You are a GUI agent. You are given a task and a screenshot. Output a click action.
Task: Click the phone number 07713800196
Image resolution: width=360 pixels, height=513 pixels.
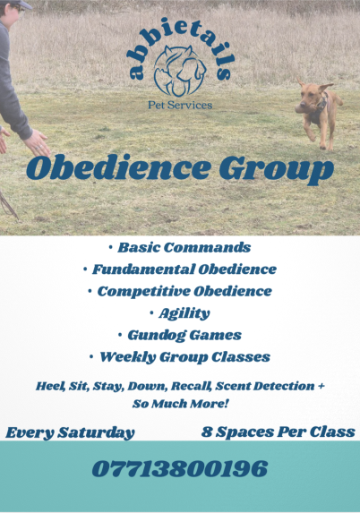180,468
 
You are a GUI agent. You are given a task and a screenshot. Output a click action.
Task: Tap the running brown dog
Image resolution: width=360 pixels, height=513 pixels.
319,113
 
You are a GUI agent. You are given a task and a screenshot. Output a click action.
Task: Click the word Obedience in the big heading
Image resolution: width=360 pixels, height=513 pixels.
118,167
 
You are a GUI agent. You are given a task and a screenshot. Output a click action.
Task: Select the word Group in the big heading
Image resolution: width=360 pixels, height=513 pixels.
276,169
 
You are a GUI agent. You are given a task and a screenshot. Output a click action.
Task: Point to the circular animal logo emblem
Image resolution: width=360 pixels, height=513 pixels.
180,71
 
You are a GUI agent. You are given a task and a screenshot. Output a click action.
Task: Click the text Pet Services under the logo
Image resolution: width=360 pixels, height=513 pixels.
180,105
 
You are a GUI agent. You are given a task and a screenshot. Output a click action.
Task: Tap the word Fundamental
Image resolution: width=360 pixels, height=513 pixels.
143,269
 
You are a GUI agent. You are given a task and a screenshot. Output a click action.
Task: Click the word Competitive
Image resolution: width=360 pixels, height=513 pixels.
143,292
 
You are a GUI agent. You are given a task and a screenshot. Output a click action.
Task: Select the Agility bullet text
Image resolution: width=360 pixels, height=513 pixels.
184,313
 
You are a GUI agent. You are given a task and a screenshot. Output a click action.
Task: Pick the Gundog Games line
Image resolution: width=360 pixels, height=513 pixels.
184,336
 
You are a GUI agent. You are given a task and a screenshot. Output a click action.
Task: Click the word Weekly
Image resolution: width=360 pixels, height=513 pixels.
128,357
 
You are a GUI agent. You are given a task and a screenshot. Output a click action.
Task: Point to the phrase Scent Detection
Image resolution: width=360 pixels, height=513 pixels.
265,386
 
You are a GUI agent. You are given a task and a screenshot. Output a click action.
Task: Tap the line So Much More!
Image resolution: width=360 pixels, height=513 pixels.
180,404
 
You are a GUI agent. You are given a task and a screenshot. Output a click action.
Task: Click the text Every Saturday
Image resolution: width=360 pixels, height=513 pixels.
70,432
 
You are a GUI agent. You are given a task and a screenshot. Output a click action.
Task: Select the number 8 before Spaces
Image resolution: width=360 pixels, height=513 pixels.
207,432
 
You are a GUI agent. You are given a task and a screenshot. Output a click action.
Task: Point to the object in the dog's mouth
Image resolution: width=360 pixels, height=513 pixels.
301,109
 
